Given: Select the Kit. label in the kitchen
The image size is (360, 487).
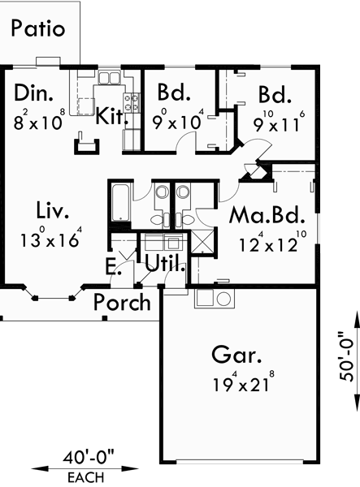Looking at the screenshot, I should (x=111, y=115).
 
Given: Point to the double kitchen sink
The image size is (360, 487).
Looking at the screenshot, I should (x=109, y=78).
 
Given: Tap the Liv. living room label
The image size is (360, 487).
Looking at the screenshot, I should (x=53, y=213).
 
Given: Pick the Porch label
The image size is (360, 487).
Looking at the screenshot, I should (x=122, y=304).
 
